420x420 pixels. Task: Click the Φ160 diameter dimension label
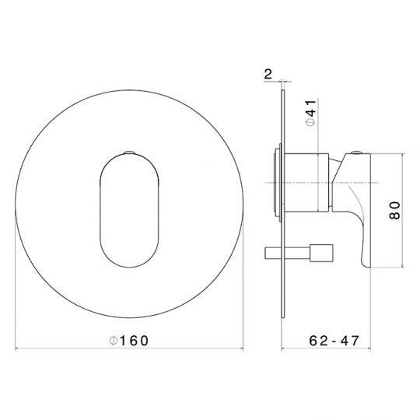click(129, 341)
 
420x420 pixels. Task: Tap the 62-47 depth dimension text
click(334, 341)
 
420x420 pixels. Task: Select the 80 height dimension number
click(395, 211)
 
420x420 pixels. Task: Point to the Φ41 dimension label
click(311, 114)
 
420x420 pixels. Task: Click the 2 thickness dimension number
click(268, 74)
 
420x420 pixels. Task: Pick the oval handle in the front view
click(129, 210)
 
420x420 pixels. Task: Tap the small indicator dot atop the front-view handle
click(129, 152)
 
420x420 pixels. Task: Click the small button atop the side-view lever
click(356, 152)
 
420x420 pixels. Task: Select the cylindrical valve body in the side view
click(306, 183)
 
